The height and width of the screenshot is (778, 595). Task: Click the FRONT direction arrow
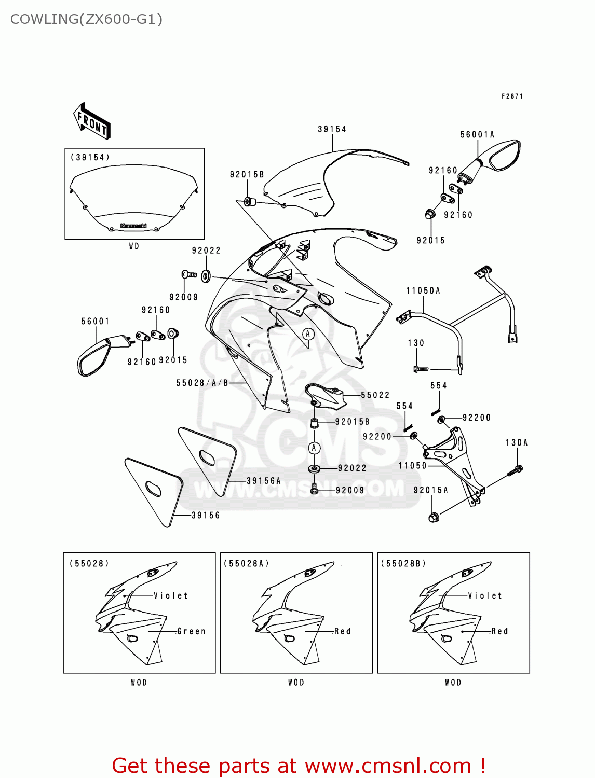coord(92,121)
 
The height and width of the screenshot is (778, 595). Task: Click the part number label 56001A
coord(477,135)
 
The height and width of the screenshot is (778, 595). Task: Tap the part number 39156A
coord(263,481)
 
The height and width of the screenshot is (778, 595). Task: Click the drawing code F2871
coord(512,96)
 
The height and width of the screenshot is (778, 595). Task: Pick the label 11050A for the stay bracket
coord(423,291)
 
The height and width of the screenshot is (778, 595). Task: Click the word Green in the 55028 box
coord(191,631)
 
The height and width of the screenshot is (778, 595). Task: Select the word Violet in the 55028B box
coord(485,596)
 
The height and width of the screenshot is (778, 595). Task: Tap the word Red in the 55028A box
coord(343,631)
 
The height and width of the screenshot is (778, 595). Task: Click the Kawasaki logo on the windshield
coord(133,226)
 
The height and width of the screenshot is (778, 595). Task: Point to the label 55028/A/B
coord(202,383)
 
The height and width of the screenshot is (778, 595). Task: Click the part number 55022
coord(375,395)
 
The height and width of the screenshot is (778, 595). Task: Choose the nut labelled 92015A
coord(434,517)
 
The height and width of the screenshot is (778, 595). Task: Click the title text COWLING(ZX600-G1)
coord(86,19)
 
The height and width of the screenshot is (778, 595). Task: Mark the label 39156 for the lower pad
coord(206,516)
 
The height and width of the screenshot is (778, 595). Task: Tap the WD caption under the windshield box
coord(134,246)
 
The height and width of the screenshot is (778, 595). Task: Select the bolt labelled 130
coord(421,369)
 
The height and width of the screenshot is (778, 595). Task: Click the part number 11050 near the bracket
coord(412,466)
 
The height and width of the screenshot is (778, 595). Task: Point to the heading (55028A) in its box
coord(246,564)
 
